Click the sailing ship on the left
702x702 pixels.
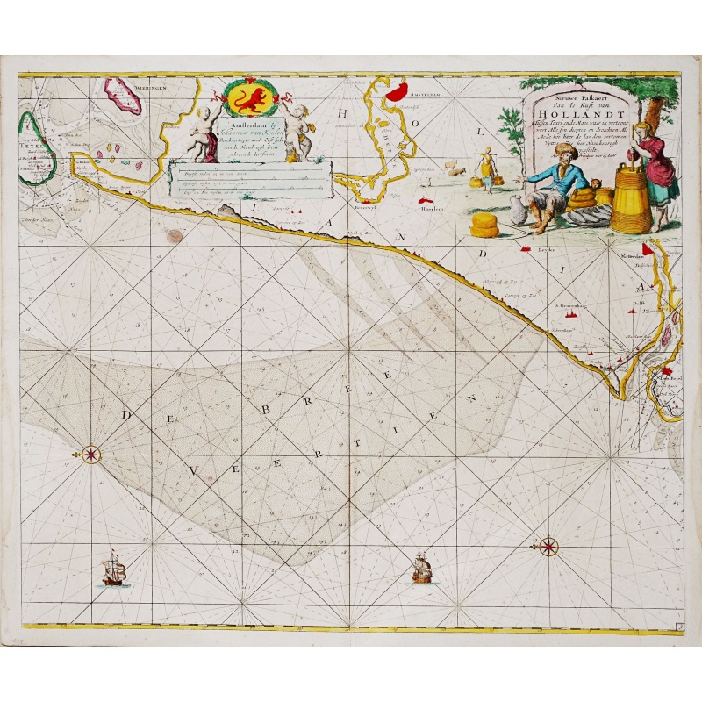click(x=114, y=572)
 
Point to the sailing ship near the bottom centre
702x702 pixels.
click(x=422, y=569)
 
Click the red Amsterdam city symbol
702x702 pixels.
click(x=398, y=92)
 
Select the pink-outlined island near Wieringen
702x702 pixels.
click(x=123, y=96)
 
